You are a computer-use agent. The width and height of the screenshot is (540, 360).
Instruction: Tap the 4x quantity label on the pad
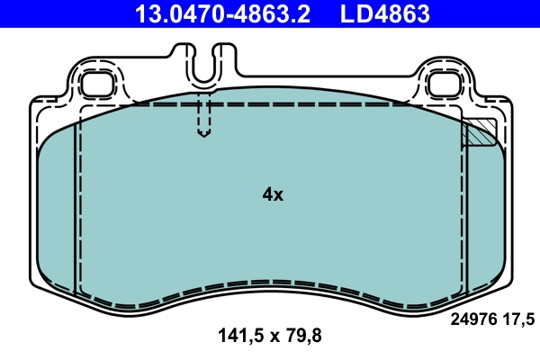272,194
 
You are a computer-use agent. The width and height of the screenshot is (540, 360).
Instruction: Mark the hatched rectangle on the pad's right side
479,132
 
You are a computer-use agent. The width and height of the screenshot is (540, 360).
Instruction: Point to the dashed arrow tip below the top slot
204,134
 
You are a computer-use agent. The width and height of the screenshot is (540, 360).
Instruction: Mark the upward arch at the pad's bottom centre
270,281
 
